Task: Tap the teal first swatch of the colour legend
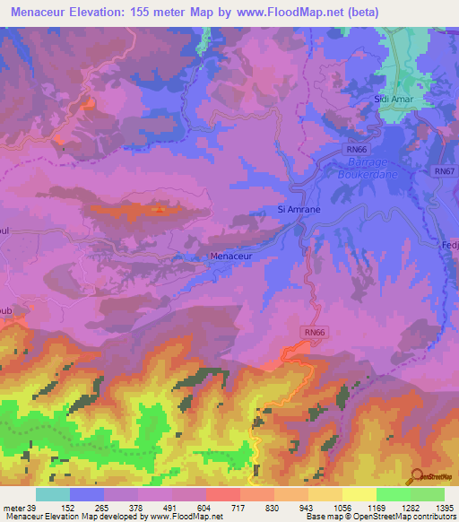52,494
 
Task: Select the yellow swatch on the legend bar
359,494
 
